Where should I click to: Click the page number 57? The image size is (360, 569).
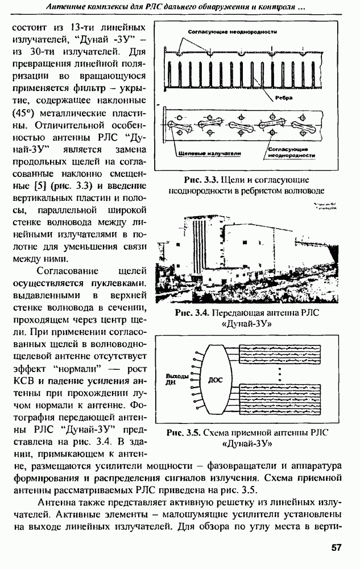pos(336,547)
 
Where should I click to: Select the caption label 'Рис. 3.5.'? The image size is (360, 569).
pos(184,432)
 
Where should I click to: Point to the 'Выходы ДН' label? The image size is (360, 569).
pos(176,380)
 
